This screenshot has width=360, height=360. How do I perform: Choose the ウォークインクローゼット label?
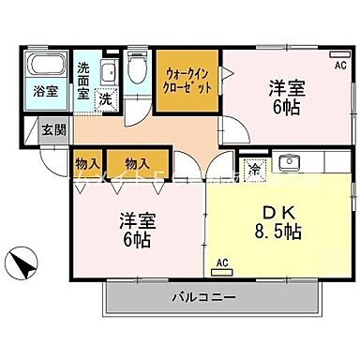187,80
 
